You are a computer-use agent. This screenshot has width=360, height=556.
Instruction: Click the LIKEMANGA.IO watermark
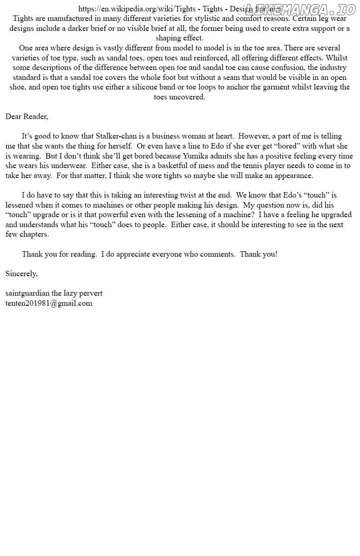300,9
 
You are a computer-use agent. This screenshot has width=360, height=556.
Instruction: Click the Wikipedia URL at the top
137,9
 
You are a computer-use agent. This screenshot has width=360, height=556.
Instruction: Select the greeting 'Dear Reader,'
27,116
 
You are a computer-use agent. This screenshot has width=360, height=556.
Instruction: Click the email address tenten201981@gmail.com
49,303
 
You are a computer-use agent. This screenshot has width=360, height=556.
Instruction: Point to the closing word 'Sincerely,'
21,273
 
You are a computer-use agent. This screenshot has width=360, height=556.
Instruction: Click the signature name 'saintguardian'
27,293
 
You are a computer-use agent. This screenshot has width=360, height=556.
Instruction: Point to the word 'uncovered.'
187,97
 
